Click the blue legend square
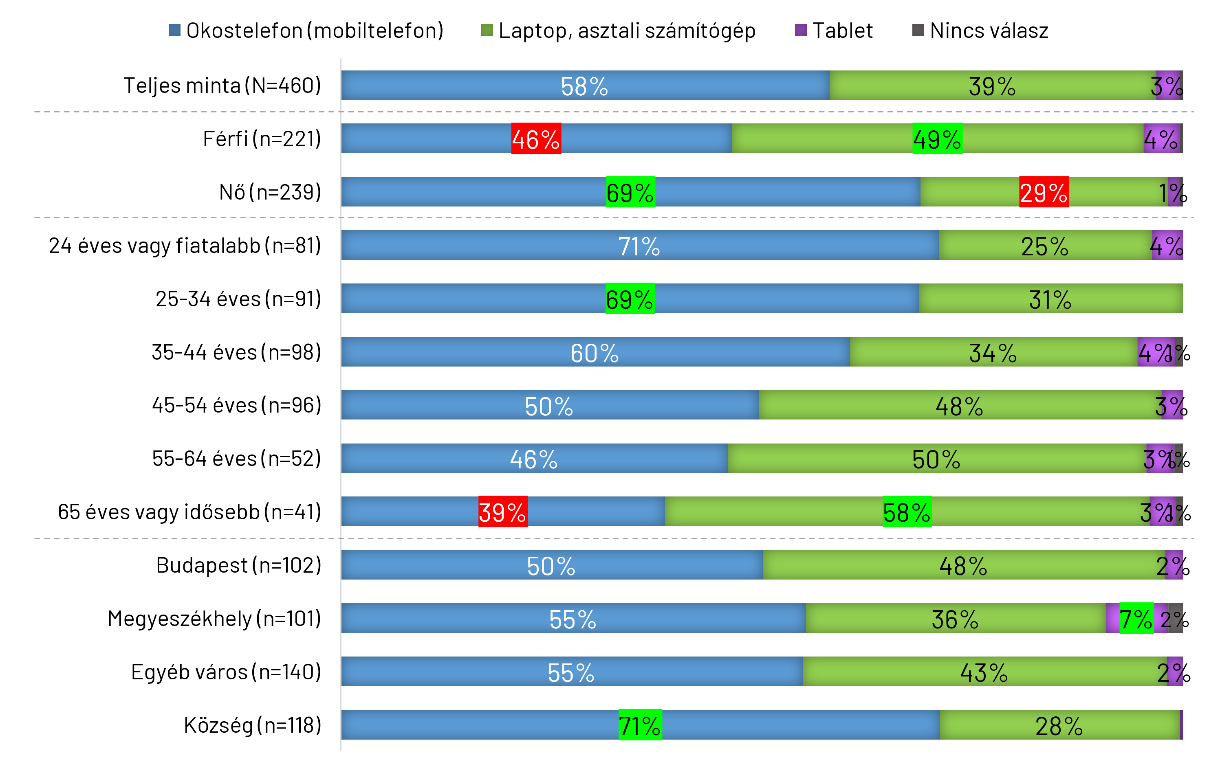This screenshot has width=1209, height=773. pyautogui.click(x=174, y=30)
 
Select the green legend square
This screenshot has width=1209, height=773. pyautogui.click(x=487, y=30)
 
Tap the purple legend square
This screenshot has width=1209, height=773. pyautogui.click(x=801, y=30)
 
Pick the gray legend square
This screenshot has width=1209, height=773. pyautogui.click(x=918, y=30)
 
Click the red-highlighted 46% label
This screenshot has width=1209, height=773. pyautogui.click(x=536, y=139)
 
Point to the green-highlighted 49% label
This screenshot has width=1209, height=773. pyautogui.click(x=937, y=139)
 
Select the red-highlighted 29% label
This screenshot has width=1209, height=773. pyautogui.click(x=1043, y=192)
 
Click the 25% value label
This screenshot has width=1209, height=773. pyautogui.click(x=1044, y=246)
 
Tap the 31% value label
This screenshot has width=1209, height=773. pyautogui.click(x=1050, y=300)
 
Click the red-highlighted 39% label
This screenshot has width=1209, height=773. pyautogui.click(x=502, y=512)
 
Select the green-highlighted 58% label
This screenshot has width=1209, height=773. pyautogui.click(x=907, y=512)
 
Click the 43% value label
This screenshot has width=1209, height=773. pyautogui.click(x=984, y=673)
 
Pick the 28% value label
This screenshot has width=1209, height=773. pyautogui.click(x=1059, y=726)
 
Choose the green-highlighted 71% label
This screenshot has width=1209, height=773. pyautogui.click(x=640, y=725)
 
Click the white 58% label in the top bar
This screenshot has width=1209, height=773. pyautogui.click(x=584, y=86)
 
